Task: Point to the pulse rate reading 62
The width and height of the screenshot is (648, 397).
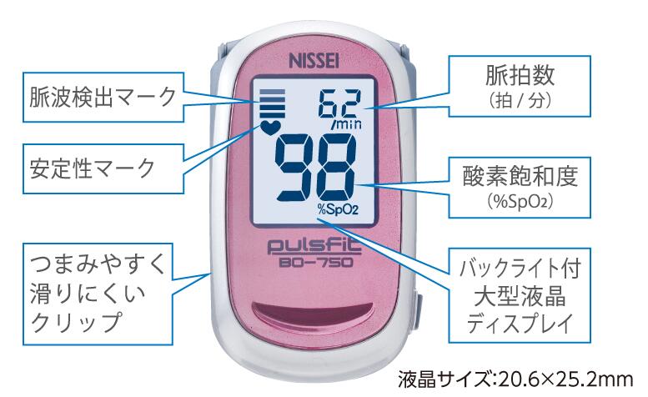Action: pyautogui.click(x=341, y=104)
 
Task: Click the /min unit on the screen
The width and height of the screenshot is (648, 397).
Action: pyautogui.click(x=346, y=124)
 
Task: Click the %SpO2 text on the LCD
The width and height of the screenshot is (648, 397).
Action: pyautogui.click(x=338, y=210)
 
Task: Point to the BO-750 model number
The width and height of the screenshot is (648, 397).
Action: pyautogui.click(x=316, y=263)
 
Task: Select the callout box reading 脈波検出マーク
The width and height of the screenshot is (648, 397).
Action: pyautogui.click(x=103, y=97)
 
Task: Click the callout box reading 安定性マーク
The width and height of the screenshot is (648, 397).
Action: pyautogui.click(x=103, y=168)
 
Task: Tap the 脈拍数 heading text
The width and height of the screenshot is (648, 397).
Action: pyautogui.click(x=520, y=75)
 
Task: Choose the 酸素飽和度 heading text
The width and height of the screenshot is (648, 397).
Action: pyautogui.click(x=520, y=176)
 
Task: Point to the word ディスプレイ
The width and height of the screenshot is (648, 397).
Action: pyautogui.click(x=520, y=323)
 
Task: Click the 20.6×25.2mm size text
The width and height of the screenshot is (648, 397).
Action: pyautogui.click(x=565, y=379)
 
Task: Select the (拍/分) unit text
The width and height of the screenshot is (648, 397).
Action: pyautogui.click(x=520, y=100)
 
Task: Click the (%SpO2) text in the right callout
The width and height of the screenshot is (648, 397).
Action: pyautogui.click(x=520, y=202)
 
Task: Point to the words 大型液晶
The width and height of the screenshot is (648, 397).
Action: pyautogui.click(x=520, y=296)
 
